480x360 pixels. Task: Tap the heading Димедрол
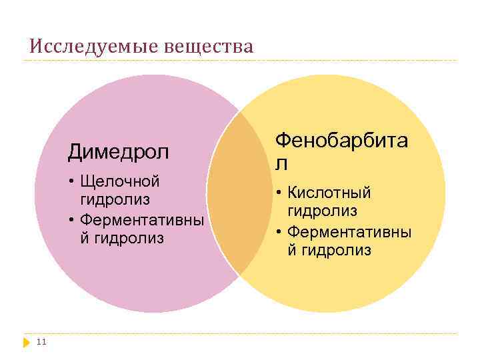point(118,153)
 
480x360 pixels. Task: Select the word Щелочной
point(119,182)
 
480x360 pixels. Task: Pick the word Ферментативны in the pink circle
point(141,219)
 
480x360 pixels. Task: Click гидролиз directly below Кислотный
point(323,211)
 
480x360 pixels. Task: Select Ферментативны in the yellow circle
point(349,231)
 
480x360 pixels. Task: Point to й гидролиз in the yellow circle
point(329,250)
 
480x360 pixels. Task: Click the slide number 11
point(41,342)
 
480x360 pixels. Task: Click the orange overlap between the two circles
point(235,193)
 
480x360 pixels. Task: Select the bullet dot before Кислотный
point(279,193)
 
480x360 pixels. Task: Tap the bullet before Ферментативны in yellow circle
point(279,231)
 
